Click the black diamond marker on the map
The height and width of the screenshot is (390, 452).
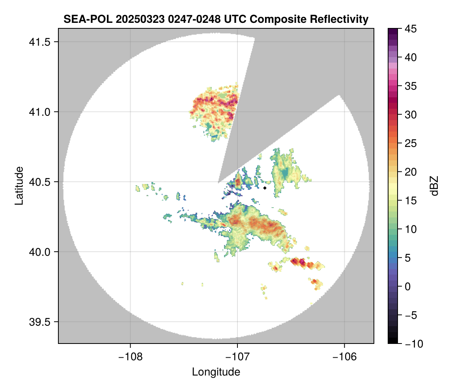coord(265,188)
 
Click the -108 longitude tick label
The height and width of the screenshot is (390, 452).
coord(130,357)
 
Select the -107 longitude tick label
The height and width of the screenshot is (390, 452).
coord(237,357)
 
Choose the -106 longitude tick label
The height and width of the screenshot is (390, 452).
coord(345,357)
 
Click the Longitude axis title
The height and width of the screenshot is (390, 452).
coord(216,372)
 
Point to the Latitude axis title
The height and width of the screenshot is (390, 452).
coord(19,186)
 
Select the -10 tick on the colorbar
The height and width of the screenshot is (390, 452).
coord(412,344)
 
